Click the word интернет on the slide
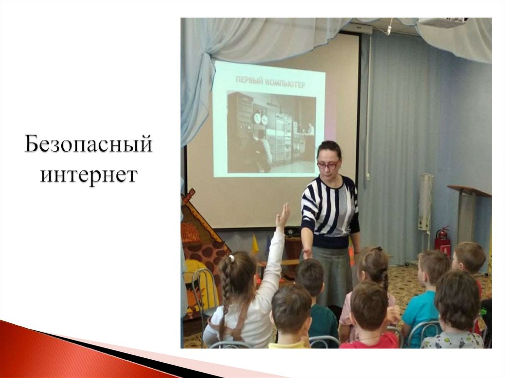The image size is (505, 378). click(89, 174)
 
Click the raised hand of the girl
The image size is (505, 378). click(283, 217)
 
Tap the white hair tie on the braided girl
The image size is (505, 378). click(231, 258)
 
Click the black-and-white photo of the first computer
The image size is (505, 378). click(271, 132)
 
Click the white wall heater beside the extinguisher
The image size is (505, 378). click(425, 202)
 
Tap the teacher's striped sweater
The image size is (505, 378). click(329, 207)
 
